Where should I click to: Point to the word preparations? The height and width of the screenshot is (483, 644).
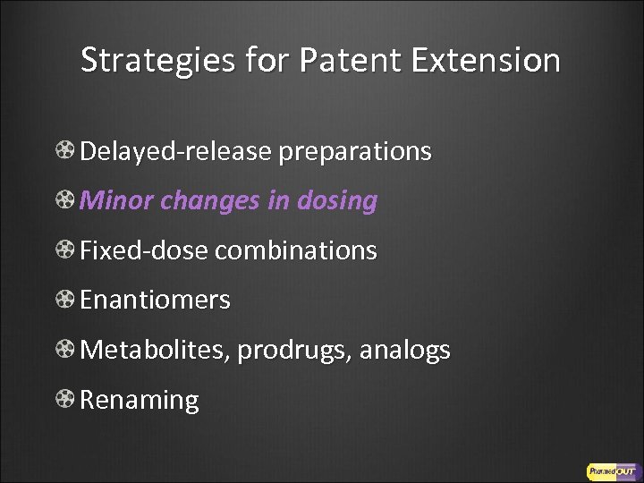(x=355, y=152)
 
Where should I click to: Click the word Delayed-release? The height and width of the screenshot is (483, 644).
(x=175, y=152)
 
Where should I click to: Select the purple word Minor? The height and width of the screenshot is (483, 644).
(x=112, y=202)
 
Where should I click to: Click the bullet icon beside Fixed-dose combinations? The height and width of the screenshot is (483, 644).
(x=66, y=251)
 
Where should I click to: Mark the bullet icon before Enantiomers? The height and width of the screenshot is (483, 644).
(x=66, y=301)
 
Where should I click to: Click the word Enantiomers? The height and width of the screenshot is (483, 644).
(x=155, y=301)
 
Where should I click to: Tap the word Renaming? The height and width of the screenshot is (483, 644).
(x=140, y=400)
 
